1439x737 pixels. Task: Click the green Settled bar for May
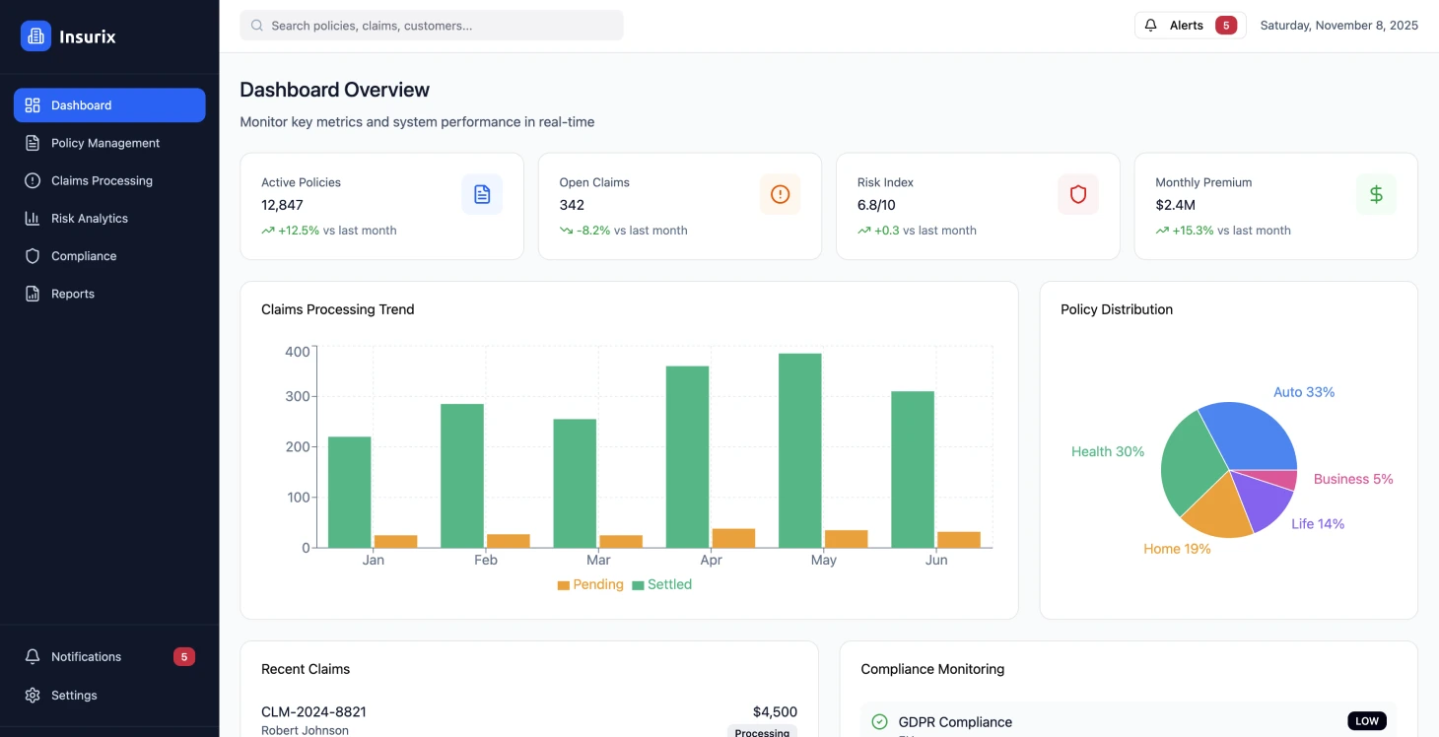(x=799, y=450)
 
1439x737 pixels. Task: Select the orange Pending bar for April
(x=733, y=538)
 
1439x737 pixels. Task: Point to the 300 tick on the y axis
(x=297, y=397)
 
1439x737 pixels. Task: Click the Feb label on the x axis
(x=485, y=560)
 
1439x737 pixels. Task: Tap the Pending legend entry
(x=590, y=584)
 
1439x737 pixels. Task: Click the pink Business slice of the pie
(x=1282, y=480)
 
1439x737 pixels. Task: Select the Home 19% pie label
(x=1177, y=549)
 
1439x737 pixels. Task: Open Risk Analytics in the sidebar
(x=90, y=219)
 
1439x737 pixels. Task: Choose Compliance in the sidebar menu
(x=84, y=256)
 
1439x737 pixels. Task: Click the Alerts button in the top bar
(x=1190, y=26)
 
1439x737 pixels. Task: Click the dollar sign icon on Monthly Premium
(x=1376, y=194)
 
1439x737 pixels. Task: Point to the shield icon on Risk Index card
(x=1077, y=194)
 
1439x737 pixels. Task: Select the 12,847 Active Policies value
(x=282, y=205)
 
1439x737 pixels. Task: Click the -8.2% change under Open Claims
(x=593, y=231)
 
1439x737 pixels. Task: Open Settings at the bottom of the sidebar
(x=74, y=696)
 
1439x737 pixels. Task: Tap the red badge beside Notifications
(x=183, y=657)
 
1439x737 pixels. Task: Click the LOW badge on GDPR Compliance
(x=1366, y=721)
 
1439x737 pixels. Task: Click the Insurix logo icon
(x=35, y=36)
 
